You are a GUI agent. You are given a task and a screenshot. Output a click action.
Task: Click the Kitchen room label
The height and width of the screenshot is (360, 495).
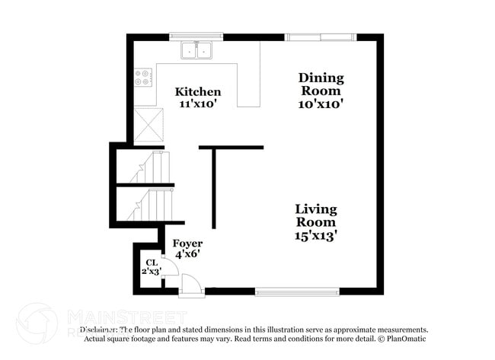[198, 92]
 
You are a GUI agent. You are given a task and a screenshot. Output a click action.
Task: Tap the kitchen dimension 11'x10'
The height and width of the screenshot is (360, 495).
[198, 105]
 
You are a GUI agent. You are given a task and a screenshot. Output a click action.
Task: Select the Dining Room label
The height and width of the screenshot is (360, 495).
[321, 84]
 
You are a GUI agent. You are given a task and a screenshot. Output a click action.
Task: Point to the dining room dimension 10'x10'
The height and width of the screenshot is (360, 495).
[321, 104]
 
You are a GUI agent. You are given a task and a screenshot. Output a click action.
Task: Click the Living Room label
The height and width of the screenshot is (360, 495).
[316, 215]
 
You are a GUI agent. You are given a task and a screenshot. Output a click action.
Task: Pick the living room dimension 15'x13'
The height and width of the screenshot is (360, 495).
[316, 236]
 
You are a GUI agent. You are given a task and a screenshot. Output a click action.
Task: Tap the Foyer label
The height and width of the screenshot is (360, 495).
[187, 244]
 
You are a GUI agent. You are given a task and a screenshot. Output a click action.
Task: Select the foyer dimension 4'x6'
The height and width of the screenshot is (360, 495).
[187, 255]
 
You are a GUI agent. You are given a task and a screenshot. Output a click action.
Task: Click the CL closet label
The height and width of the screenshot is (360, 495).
[151, 262]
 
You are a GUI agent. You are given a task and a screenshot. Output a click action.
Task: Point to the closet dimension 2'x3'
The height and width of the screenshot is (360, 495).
[151, 271]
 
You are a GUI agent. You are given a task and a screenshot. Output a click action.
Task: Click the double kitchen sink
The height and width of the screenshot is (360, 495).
[197, 50]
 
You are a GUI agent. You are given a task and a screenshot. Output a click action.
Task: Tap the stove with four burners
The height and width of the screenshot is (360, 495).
[143, 77]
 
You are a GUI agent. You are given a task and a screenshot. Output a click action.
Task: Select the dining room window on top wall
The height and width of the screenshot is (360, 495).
[320, 37]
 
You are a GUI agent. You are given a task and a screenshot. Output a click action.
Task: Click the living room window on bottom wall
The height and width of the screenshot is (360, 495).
[297, 291]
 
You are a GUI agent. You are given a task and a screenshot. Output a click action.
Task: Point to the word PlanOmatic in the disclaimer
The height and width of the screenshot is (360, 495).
[407, 338]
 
